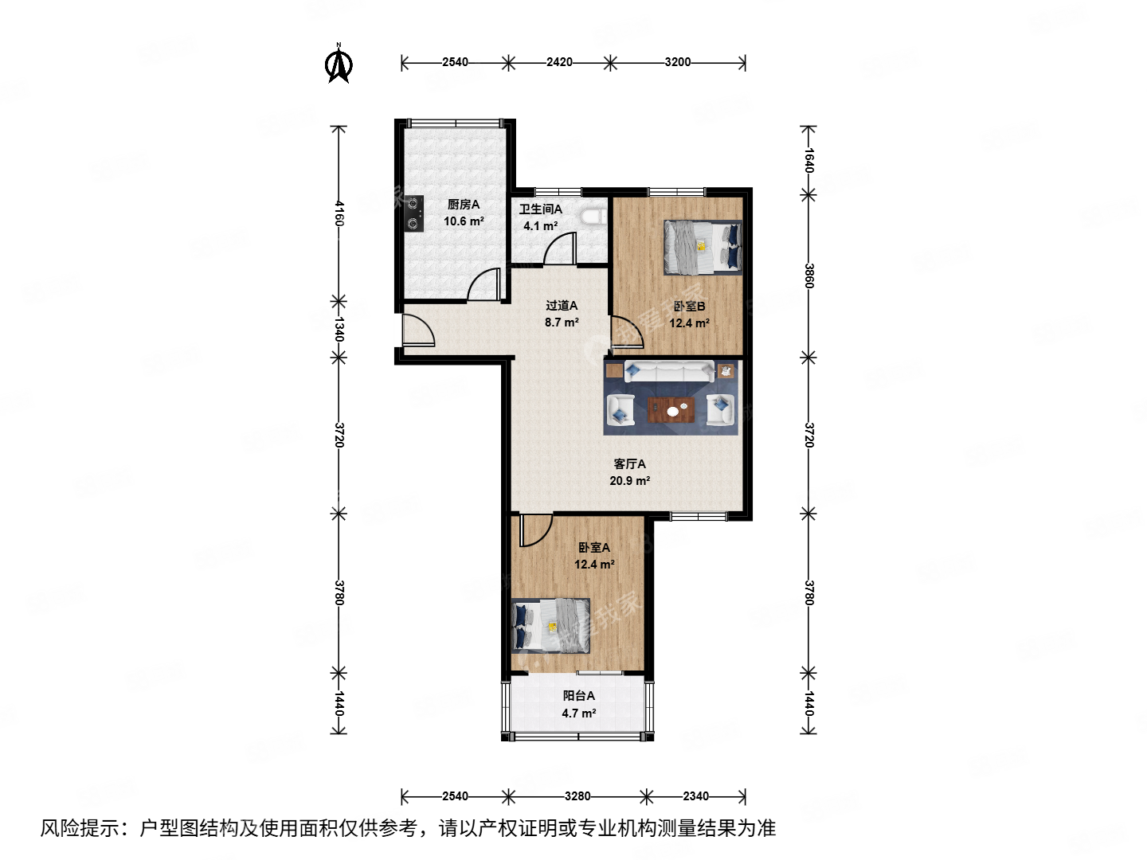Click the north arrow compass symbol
(338, 64)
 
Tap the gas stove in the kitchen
(413, 213)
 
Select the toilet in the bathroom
(594, 216)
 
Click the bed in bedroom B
(703, 247)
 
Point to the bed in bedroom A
(550, 626)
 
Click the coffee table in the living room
(671, 409)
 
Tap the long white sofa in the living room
(669, 371)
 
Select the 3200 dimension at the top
(677, 62)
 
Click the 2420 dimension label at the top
(559, 62)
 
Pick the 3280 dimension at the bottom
(577, 795)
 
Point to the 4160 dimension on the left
(339, 213)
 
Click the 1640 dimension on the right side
(808, 160)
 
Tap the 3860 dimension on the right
(808, 276)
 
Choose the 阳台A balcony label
(578, 695)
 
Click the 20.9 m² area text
(629, 480)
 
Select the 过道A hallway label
(562, 306)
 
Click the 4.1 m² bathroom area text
(540, 226)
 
